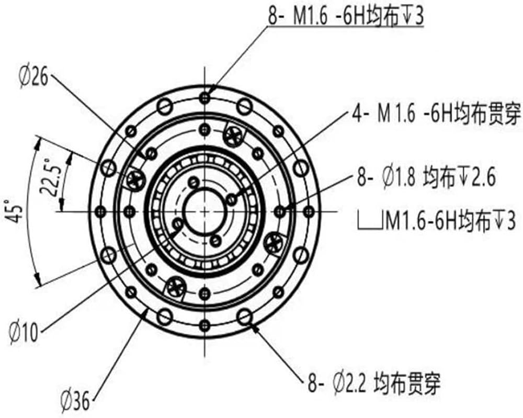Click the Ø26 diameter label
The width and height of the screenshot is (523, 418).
point(33,78)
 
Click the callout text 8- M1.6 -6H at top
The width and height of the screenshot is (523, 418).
point(346,16)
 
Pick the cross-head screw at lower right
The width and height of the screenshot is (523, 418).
point(274,242)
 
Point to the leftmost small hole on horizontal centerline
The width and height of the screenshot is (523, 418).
point(102,211)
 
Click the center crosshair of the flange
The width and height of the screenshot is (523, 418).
point(205,211)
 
